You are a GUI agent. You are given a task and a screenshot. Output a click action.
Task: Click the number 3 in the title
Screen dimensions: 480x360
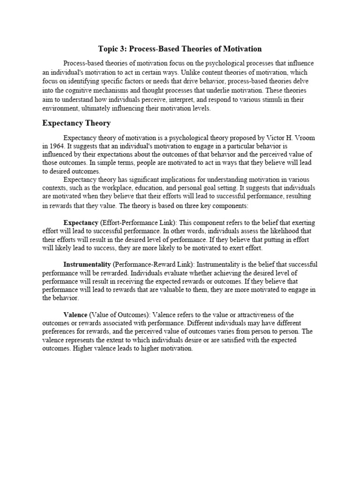pyautogui.click(x=122, y=49)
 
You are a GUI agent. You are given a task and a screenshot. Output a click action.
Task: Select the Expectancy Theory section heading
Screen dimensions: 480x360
pyautogui.click(x=76, y=123)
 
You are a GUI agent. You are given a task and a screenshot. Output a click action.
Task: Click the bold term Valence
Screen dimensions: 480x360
pyautogui.click(x=75, y=314)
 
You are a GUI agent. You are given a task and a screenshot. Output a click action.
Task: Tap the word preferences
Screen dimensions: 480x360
pyautogui.click(x=60, y=331)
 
